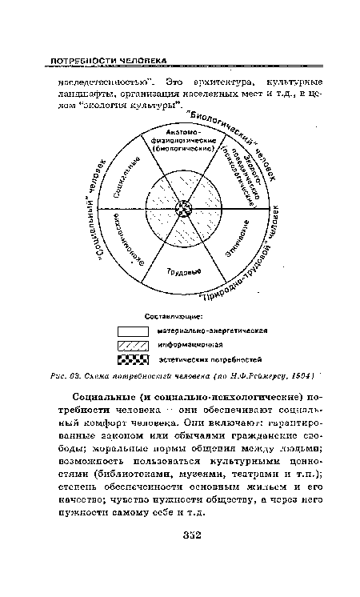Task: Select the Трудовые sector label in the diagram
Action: click(x=183, y=272)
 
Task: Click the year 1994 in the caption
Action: click(x=310, y=377)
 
